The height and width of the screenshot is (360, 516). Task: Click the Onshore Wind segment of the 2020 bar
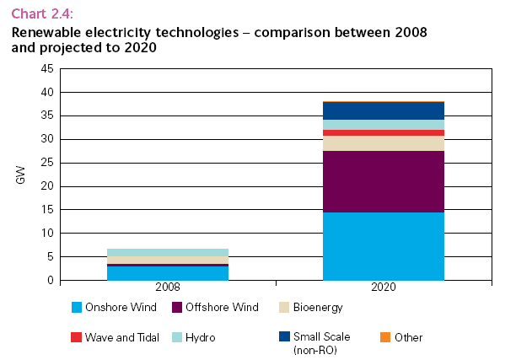[x=384, y=246]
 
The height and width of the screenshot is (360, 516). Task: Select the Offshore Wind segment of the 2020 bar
[x=384, y=181]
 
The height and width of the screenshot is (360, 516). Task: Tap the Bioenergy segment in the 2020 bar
[x=384, y=143]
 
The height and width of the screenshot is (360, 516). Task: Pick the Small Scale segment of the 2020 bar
[x=384, y=110]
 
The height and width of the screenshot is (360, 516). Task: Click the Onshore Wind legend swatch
[x=78, y=308]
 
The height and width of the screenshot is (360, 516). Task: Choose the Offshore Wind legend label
[x=223, y=308]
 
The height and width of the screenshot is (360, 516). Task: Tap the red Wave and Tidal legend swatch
[x=78, y=337]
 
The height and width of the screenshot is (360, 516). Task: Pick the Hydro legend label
[x=202, y=337]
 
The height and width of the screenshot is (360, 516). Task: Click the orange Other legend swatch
[x=385, y=337]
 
